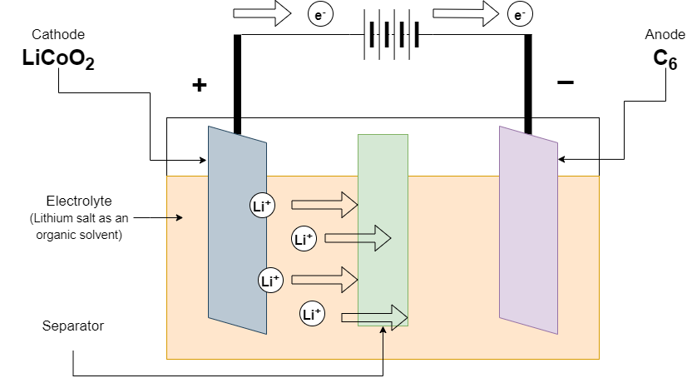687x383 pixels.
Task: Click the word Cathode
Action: tap(58, 34)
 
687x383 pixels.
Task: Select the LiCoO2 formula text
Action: tap(58, 59)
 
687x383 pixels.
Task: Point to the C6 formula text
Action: tap(665, 59)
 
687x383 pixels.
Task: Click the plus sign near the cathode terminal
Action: tap(199, 85)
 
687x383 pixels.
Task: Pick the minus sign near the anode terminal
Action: tap(565, 82)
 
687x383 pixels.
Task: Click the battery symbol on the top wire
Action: tap(389, 36)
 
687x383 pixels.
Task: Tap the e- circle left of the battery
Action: tap(319, 14)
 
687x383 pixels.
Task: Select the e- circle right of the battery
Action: tap(520, 14)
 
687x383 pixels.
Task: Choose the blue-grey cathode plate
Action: tap(237, 229)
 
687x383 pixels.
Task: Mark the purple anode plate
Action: tap(528, 229)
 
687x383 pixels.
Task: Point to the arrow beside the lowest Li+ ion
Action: tap(374, 316)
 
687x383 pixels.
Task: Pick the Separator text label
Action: tap(73, 326)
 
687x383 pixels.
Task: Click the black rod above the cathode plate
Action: tap(237, 83)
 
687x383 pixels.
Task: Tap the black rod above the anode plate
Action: tap(527, 83)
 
